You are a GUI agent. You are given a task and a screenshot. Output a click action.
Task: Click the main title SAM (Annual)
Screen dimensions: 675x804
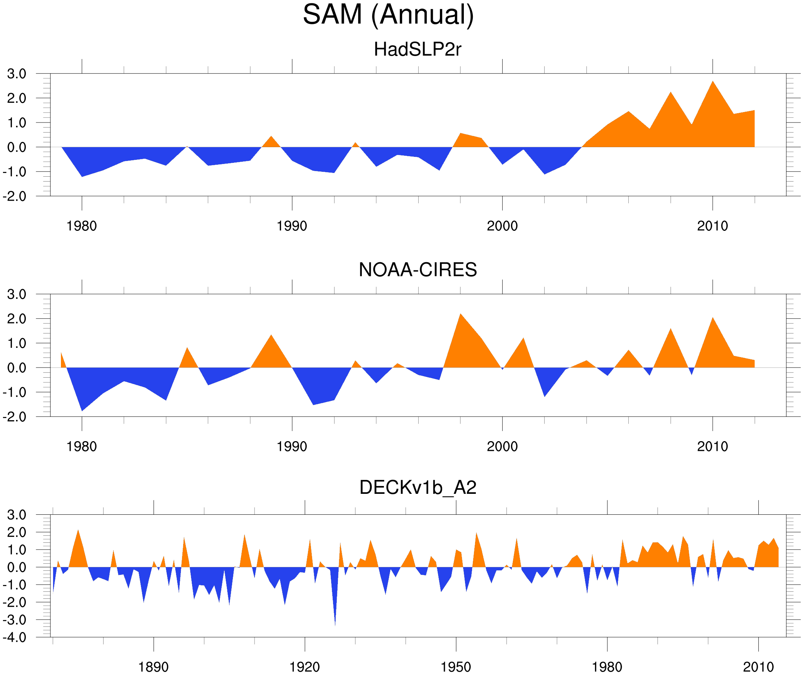(388, 15)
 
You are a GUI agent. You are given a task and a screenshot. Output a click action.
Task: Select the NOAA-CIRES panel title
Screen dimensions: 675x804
(418, 270)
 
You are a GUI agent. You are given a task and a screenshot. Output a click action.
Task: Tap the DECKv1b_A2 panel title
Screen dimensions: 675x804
(418, 487)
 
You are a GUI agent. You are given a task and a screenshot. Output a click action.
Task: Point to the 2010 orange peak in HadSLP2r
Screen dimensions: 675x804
(712, 83)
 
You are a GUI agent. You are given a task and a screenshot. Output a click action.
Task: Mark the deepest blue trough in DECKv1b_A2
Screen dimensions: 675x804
(335, 622)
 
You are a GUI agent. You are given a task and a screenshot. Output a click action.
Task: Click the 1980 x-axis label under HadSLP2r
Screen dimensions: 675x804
(81, 226)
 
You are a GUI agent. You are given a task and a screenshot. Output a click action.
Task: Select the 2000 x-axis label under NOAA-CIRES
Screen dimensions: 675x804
(502, 446)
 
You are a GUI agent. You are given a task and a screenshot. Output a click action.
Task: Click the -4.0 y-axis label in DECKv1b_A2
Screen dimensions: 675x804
(15, 638)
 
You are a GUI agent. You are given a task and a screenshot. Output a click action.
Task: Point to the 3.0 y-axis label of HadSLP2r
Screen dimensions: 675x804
(17, 74)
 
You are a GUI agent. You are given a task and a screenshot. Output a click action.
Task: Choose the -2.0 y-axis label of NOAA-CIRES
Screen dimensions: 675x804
(15, 417)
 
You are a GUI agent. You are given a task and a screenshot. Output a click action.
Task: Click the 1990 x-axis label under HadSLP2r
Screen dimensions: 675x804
(292, 226)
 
